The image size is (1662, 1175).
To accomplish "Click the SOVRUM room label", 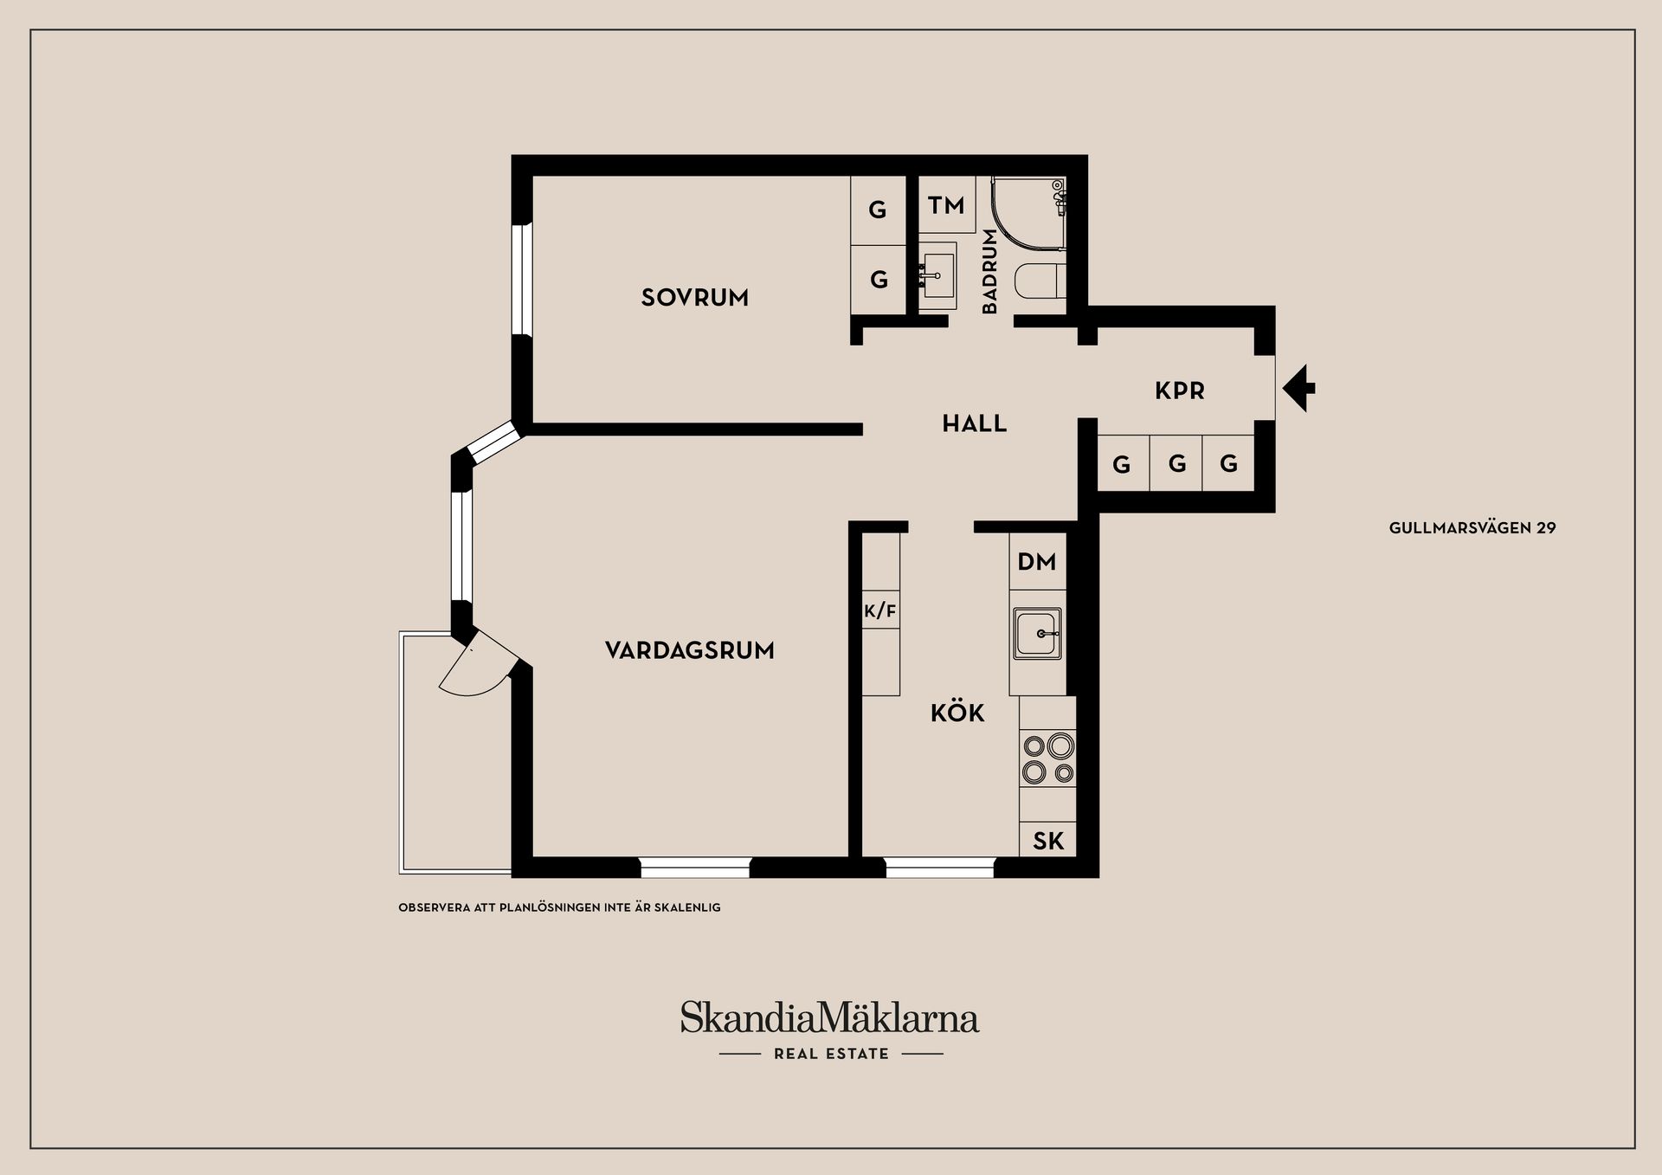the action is point(694,298).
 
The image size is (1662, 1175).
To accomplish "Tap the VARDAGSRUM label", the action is point(689,650).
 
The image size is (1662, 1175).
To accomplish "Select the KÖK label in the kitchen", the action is point(957,713).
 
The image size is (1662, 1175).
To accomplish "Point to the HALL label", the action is point(975,423).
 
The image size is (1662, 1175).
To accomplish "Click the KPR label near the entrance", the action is point(1180,391).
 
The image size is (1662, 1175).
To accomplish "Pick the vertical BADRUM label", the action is point(990,271).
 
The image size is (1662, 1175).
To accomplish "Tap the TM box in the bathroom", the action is point(946,205).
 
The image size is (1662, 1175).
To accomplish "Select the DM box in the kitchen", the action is point(1037,562).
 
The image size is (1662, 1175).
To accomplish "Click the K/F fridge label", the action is point(880,611).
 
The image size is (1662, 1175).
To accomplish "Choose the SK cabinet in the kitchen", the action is point(1048,841).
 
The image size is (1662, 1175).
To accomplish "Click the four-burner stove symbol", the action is point(1048,759).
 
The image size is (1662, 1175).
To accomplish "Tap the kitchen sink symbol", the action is point(1037,634).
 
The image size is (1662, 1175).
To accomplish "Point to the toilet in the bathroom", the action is point(1039,281).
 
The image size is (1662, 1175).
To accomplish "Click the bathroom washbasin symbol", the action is point(937,276).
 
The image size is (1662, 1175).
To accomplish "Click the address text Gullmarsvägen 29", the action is point(1472,527).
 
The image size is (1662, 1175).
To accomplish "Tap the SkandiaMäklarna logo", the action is point(829,1017).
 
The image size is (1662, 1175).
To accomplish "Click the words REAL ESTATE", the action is point(831,1054).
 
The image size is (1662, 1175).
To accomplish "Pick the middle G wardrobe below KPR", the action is point(1176,464).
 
